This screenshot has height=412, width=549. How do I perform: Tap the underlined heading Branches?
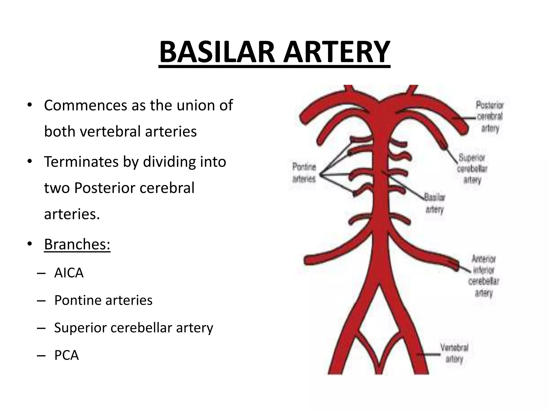(x=77, y=244)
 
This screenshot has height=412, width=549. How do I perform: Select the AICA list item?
(x=69, y=273)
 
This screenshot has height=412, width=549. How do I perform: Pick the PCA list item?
(x=66, y=355)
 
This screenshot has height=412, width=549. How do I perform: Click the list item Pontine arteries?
(x=103, y=300)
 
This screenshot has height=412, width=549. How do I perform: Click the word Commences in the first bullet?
(x=86, y=105)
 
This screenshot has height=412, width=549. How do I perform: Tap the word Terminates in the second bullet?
(x=81, y=162)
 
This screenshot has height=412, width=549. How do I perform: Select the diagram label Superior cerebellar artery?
(x=472, y=168)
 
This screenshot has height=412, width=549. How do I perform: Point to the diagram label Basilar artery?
(x=435, y=203)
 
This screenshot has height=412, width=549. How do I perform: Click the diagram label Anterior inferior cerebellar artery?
(x=484, y=276)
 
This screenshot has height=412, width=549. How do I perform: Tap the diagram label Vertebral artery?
(x=454, y=353)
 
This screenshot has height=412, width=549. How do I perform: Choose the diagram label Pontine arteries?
(x=304, y=173)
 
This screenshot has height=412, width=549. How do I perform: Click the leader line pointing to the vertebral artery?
(x=428, y=354)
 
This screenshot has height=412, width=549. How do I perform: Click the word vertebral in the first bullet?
(x=112, y=131)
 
